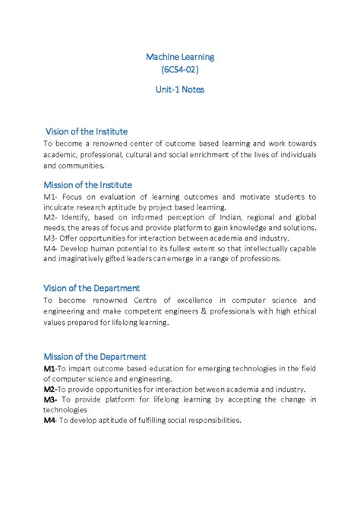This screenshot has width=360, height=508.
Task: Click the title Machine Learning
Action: pyautogui.click(x=180, y=56)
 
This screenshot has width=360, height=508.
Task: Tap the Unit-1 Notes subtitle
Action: pyautogui.click(x=180, y=89)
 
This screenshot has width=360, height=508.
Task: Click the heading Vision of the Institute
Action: pyautogui.click(x=87, y=131)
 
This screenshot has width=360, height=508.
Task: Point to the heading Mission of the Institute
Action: pyautogui.click(x=88, y=185)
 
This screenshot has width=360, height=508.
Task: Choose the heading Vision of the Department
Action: pyautogui.click(x=92, y=288)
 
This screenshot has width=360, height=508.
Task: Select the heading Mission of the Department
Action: pyautogui.click(x=95, y=356)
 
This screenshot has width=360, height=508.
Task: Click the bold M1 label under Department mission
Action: pyautogui.click(x=49, y=368)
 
